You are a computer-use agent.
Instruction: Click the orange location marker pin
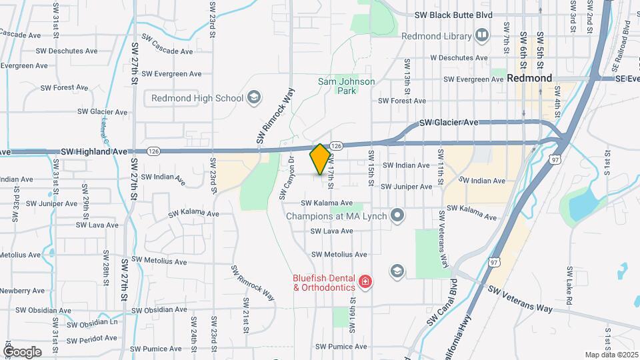(320, 159)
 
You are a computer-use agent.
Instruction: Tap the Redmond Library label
(438, 35)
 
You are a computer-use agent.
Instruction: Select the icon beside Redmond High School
(253, 99)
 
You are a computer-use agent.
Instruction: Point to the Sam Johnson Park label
(347, 86)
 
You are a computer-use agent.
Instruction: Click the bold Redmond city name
(529, 78)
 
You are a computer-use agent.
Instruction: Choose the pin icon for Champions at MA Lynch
(398, 215)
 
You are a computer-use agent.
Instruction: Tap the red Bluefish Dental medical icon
(365, 283)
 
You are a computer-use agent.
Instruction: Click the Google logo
(22, 351)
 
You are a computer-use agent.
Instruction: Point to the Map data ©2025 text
(611, 355)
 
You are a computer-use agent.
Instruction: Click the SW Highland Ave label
(94, 152)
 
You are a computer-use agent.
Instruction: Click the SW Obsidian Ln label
(93, 323)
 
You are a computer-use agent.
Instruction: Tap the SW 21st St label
(246, 315)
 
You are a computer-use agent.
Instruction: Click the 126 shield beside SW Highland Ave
(153, 151)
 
